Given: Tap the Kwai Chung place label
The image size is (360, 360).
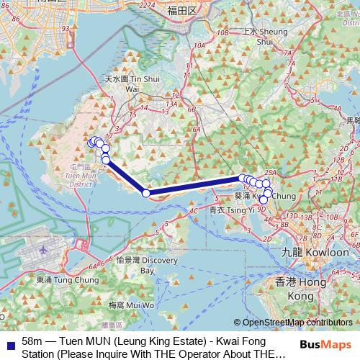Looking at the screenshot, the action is point(263,195).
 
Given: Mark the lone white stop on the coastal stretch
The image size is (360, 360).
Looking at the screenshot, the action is point(146,192).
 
